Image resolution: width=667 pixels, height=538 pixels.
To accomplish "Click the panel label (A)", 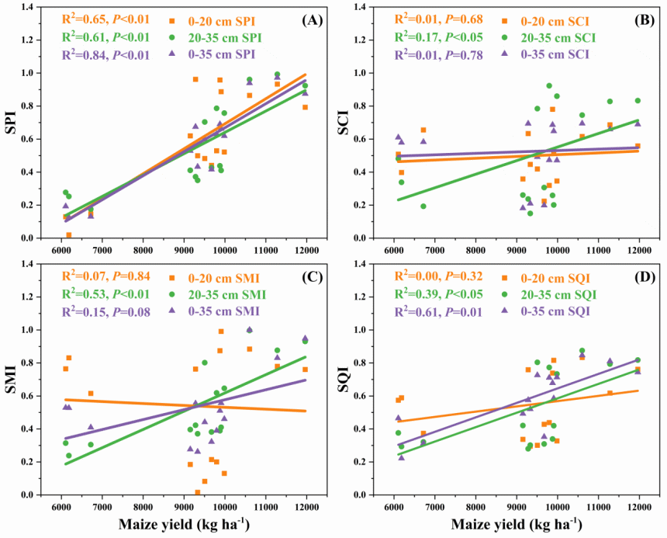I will tap(312, 20).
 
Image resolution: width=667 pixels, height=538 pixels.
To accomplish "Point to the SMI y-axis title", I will tap(15, 379).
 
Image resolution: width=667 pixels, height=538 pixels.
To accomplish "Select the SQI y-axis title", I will tap(347, 379).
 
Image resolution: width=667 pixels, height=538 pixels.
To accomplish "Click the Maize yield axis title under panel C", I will tap(184, 525).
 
